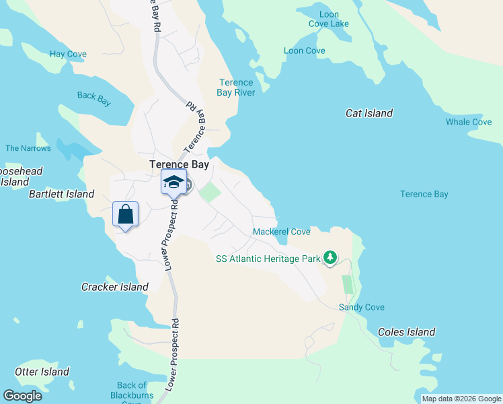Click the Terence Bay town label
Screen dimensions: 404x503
(179, 164)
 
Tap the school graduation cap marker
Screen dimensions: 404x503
(173, 182)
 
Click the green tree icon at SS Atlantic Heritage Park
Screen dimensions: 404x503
(330, 257)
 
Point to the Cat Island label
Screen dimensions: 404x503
(369, 113)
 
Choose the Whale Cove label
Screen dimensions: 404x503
(469, 122)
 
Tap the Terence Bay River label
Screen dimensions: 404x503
(236, 88)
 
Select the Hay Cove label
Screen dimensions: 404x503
(67, 54)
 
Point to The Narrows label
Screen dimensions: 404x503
(28, 148)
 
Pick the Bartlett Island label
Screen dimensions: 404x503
(61, 194)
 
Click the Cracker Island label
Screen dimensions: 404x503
(115, 287)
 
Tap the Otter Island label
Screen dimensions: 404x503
(42, 371)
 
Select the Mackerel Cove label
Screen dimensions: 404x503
(282, 232)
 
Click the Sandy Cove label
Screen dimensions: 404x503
(362, 307)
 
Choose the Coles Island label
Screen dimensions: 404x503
(407, 331)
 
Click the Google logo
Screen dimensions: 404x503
(22, 396)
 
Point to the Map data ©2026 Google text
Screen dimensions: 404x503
(461, 399)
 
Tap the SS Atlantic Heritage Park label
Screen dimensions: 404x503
(268, 258)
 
